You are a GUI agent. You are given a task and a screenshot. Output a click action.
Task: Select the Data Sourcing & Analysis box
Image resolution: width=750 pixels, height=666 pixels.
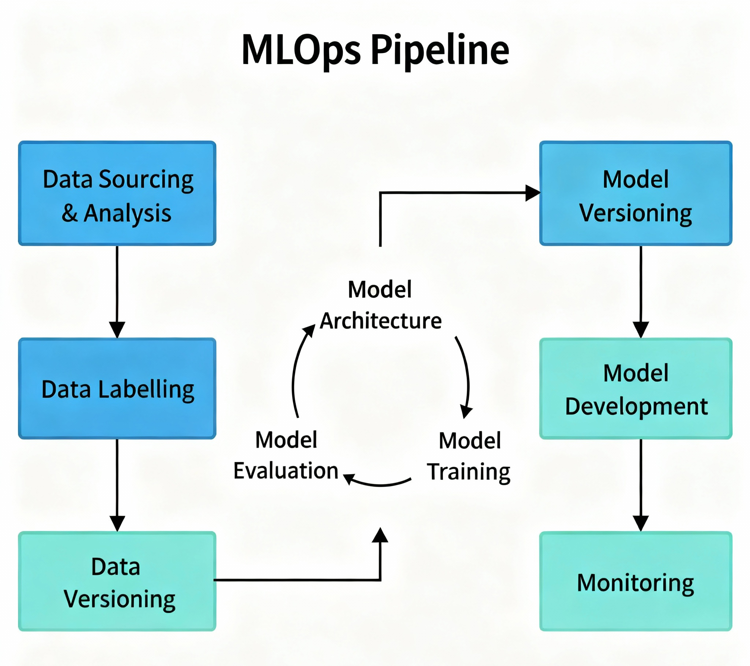click(117, 193)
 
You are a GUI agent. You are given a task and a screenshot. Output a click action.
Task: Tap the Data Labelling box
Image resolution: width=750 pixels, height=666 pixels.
click(117, 388)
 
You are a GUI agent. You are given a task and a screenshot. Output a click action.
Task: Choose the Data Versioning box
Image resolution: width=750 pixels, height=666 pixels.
click(117, 581)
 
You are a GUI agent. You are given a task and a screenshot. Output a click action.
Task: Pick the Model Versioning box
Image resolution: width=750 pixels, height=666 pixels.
click(635, 193)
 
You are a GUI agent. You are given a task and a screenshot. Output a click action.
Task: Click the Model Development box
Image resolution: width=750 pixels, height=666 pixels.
click(635, 388)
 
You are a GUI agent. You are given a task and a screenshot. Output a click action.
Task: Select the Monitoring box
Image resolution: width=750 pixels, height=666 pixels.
click(635, 581)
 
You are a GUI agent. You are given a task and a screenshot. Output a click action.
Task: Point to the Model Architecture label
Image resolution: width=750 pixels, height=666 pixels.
click(380, 305)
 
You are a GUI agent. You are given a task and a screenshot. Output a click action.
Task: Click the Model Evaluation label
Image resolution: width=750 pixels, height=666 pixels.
click(286, 455)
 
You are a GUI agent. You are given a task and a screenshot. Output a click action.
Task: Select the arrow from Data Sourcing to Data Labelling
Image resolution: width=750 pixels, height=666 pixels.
click(117, 292)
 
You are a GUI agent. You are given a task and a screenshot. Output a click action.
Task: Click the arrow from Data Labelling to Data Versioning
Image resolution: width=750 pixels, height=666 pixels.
click(117, 485)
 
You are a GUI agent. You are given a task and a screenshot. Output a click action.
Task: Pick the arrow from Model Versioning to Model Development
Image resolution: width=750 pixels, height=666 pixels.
click(641, 292)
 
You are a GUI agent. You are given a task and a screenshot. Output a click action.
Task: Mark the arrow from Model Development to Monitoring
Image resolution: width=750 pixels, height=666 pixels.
click(641, 485)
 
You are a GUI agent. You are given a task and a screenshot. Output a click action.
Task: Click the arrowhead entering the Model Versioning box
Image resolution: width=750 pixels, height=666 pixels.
click(533, 193)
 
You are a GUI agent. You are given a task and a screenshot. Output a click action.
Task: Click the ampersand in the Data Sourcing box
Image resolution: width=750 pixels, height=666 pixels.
click(70, 213)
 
